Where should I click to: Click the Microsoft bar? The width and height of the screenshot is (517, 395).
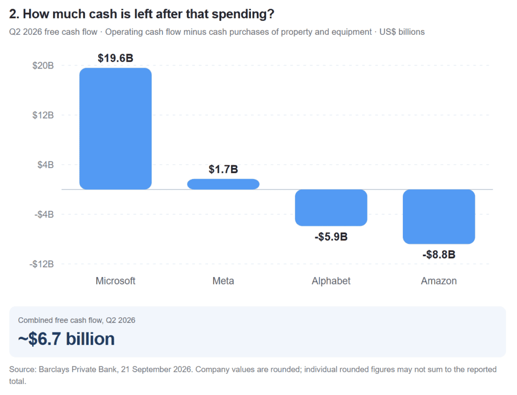[x=116, y=129]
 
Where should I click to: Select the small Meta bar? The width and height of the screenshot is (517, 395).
[x=223, y=184]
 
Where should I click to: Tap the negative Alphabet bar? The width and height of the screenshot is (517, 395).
[x=331, y=207]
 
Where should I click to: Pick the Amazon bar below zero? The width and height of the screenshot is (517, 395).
[x=439, y=216]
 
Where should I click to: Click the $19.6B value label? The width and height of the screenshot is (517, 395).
[x=116, y=58]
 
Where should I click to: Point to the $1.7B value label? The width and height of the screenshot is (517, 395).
[x=223, y=170]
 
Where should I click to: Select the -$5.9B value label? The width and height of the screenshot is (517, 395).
[x=331, y=237]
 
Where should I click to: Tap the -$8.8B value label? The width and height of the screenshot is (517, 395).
[x=439, y=254]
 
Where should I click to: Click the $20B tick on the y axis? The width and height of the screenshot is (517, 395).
[x=43, y=66]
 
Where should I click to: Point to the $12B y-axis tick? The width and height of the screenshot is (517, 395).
[x=43, y=116]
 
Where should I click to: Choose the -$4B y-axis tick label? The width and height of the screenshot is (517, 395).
[x=44, y=214]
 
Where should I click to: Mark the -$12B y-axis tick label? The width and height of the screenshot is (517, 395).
[x=41, y=264]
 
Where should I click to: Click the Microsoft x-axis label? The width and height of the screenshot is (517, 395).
[x=116, y=280]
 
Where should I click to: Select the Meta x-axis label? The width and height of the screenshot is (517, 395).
[x=223, y=280]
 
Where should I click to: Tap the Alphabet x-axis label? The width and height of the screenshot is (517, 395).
[x=331, y=280]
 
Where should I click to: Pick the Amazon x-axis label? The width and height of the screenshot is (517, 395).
[x=439, y=280]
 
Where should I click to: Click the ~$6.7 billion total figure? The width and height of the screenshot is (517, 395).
[x=66, y=338]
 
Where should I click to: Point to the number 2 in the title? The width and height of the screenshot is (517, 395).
[x=13, y=14]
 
